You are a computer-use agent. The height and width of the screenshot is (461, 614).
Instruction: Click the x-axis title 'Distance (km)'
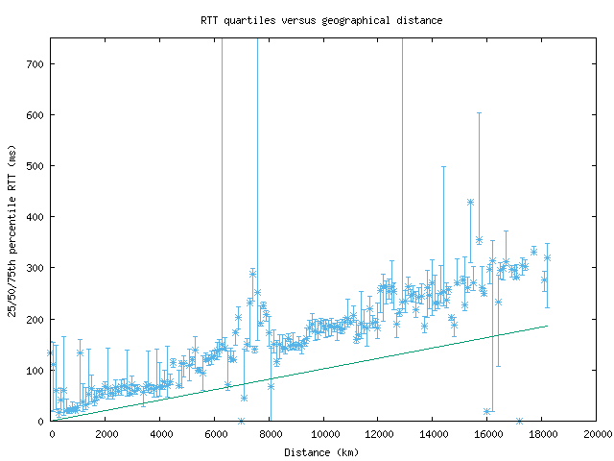pos(323,451)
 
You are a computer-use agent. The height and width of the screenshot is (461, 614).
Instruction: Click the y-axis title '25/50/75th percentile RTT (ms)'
pos(12,229)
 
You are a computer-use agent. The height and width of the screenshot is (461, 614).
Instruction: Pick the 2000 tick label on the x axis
pos(106,434)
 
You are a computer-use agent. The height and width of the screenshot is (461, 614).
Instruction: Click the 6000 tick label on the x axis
pos(215,434)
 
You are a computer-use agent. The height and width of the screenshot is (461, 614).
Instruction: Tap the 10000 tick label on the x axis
pos(324,434)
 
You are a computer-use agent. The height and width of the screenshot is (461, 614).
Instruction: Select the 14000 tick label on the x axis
pos(434,434)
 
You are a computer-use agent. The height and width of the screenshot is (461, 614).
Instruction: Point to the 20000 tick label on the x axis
pos(597,434)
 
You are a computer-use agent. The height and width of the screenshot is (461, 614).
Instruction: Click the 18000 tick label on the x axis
pos(542,434)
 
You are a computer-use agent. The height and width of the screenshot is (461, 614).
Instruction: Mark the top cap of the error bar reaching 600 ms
pos(479,113)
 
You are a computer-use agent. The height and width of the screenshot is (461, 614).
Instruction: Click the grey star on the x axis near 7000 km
pos(241,421)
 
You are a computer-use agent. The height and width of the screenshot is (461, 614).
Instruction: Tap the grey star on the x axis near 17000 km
pos(519,421)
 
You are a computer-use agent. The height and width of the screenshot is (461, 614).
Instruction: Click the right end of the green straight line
pos(547,326)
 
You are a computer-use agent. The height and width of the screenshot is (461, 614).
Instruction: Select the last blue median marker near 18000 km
pos(547,257)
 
